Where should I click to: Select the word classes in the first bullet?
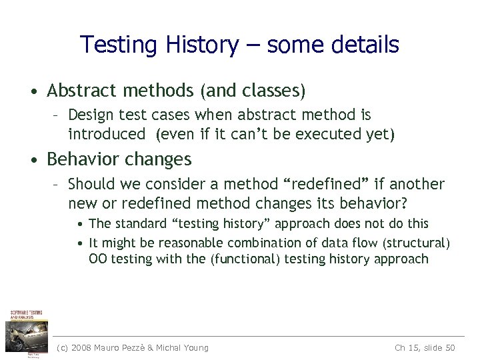click(273, 89)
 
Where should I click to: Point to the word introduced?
click(106, 135)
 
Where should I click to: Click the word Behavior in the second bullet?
click(85, 159)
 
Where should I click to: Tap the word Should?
click(91, 183)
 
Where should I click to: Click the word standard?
click(138, 223)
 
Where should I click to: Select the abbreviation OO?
click(97, 259)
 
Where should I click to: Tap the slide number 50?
click(449, 347)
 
